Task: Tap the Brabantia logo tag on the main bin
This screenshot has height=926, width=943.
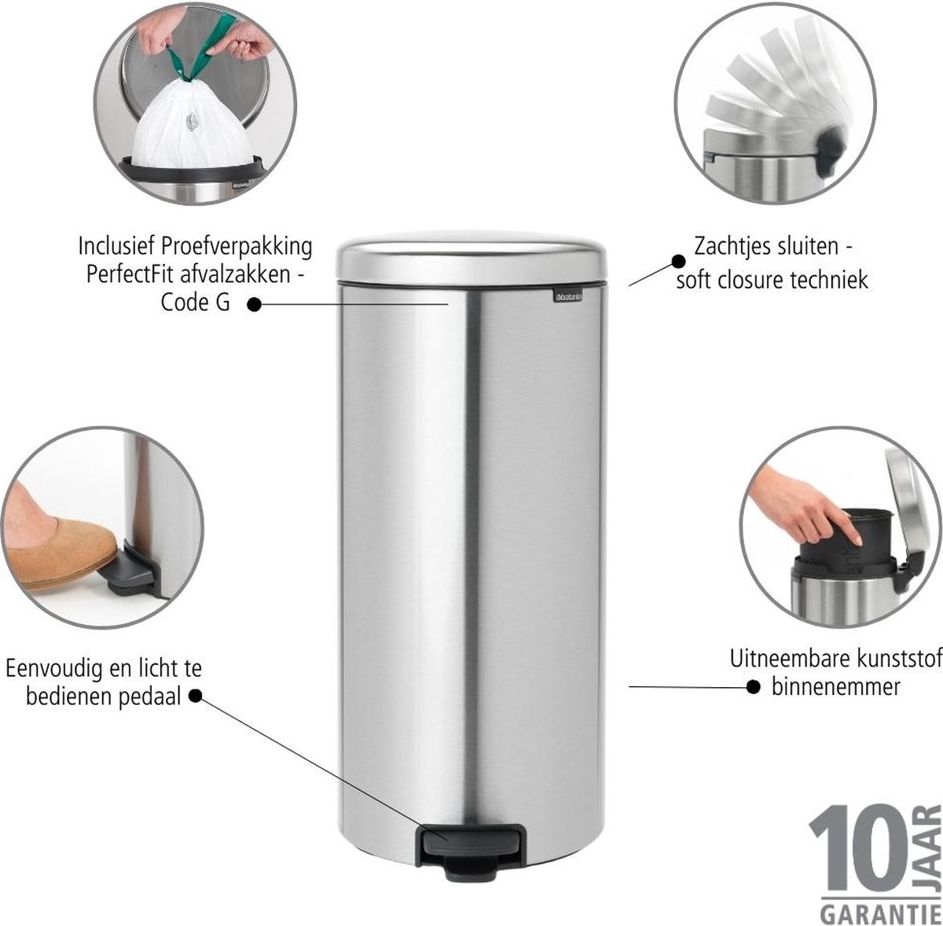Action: click(x=568, y=296)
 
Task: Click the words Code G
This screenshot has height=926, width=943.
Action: click(x=195, y=303)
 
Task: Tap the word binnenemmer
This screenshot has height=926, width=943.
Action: click(x=836, y=686)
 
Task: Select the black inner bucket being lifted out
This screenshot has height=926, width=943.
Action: click(x=848, y=543)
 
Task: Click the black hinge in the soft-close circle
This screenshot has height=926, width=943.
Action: click(x=829, y=145)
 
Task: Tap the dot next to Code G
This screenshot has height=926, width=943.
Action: click(x=254, y=305)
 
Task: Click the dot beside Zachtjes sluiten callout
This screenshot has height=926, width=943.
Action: click(x=678, y=261)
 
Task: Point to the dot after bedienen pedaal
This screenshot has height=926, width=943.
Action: click(x=195, y=696)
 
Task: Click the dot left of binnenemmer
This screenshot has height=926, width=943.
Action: click(x=754, y=687)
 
